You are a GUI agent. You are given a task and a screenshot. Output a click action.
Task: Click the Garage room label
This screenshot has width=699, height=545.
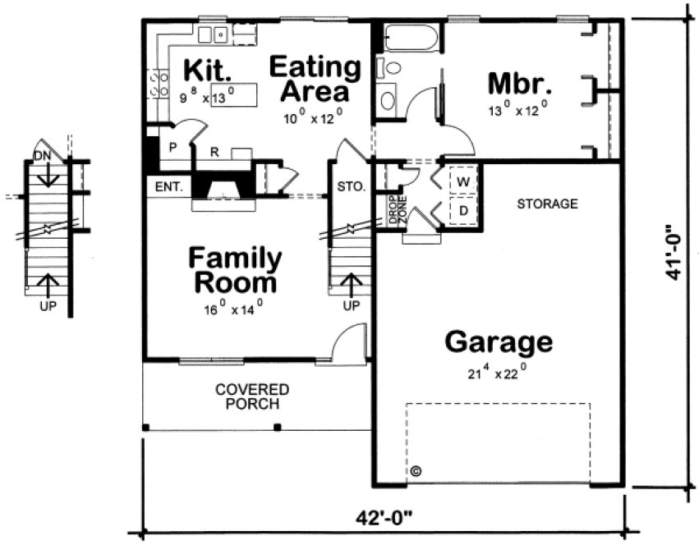coord(498,341)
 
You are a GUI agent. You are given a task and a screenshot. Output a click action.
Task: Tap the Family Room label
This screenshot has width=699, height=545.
coord(235,271)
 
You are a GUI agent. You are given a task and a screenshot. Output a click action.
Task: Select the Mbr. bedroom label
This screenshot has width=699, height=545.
coord(518,84)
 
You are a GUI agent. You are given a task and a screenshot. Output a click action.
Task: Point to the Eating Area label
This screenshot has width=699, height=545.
coord(315,78)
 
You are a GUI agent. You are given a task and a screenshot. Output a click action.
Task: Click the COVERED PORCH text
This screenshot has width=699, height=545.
coord(252,396)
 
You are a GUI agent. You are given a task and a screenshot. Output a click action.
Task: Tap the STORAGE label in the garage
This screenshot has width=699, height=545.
coord(547,204)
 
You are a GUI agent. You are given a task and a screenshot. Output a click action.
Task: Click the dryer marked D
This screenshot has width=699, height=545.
coord(462,210)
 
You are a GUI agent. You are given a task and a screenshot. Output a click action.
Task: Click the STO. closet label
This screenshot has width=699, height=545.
coord(351,187)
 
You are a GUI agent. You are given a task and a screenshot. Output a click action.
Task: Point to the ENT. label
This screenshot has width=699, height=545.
coord(167,188)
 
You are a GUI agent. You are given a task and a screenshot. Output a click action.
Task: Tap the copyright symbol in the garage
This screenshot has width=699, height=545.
coord(416,471)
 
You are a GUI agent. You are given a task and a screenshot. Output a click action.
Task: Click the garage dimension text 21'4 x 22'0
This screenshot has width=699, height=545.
coord(497,371)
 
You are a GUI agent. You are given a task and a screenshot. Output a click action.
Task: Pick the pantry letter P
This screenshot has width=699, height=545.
coord(172,148)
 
